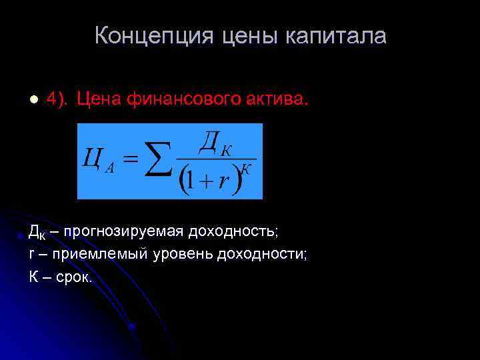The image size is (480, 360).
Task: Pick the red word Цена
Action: click(99, 99)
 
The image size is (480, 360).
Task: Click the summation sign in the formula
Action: click(158, 161)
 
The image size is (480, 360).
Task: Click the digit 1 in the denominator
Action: click(191, 181)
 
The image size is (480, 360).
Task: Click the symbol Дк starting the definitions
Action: click(37, 232)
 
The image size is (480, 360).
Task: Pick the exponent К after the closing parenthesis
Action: click(246, 169)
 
